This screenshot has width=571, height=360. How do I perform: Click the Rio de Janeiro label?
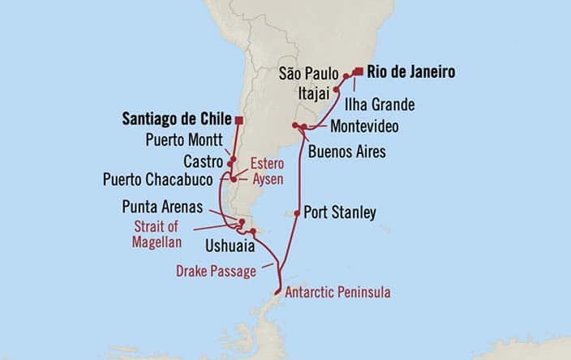(410, 72)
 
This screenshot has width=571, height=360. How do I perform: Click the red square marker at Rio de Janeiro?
(358, 71)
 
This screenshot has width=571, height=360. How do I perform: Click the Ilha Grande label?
(380, 105)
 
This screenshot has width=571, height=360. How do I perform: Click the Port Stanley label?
(339, 214)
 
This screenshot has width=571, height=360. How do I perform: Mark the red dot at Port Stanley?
(297, 214)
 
